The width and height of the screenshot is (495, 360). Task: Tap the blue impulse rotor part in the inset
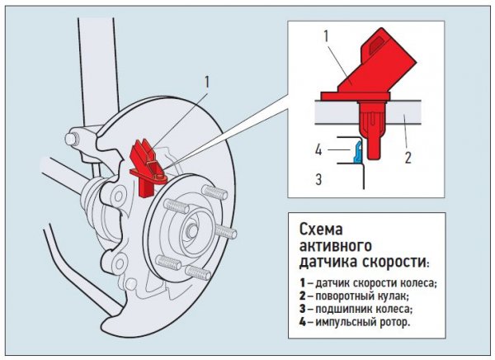pyautogui.click(x=356, y=151)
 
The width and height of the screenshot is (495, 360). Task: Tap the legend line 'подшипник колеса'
pyautogui.click(x=361, y=309)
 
